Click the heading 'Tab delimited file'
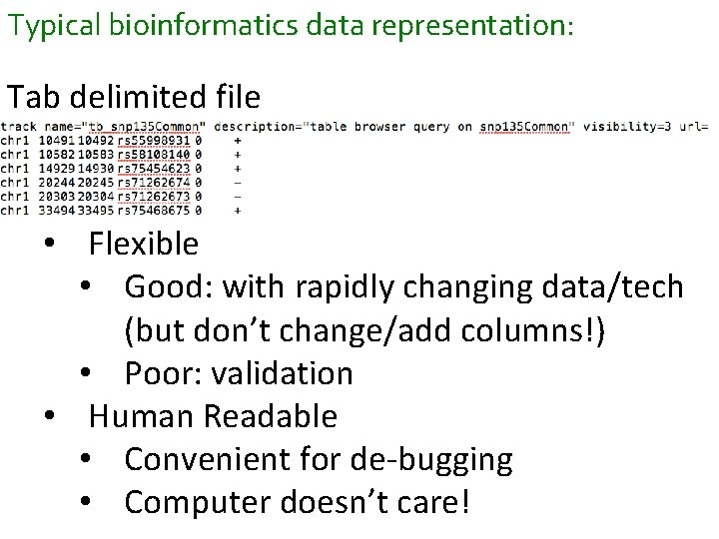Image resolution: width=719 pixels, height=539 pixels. point(134,97)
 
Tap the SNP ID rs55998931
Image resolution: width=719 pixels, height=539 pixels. point(155,142)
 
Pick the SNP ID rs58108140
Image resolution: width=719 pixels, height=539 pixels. point(155,156)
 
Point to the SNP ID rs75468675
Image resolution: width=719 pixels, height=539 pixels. point(155,211)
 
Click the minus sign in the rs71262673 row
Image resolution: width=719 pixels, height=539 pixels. point(236,197)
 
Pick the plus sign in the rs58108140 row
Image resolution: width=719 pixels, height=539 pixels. point(236,156)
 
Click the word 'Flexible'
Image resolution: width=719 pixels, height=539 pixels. point(144,244)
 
